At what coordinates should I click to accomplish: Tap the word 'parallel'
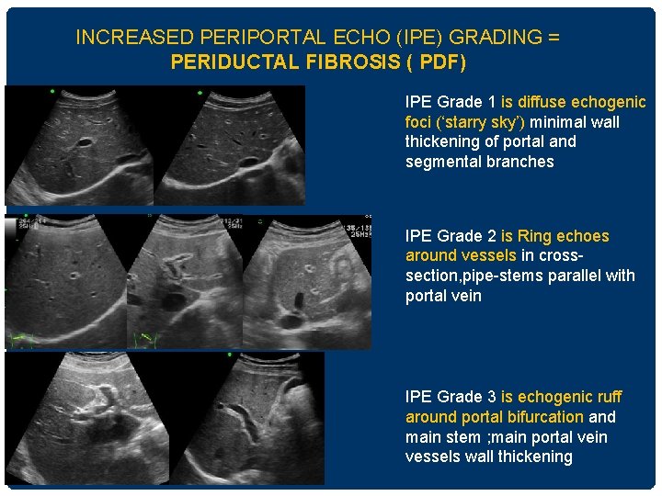tap(578, 276)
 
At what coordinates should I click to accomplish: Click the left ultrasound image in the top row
tap(79, 145)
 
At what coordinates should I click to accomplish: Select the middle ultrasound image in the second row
tap(184, 282)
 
